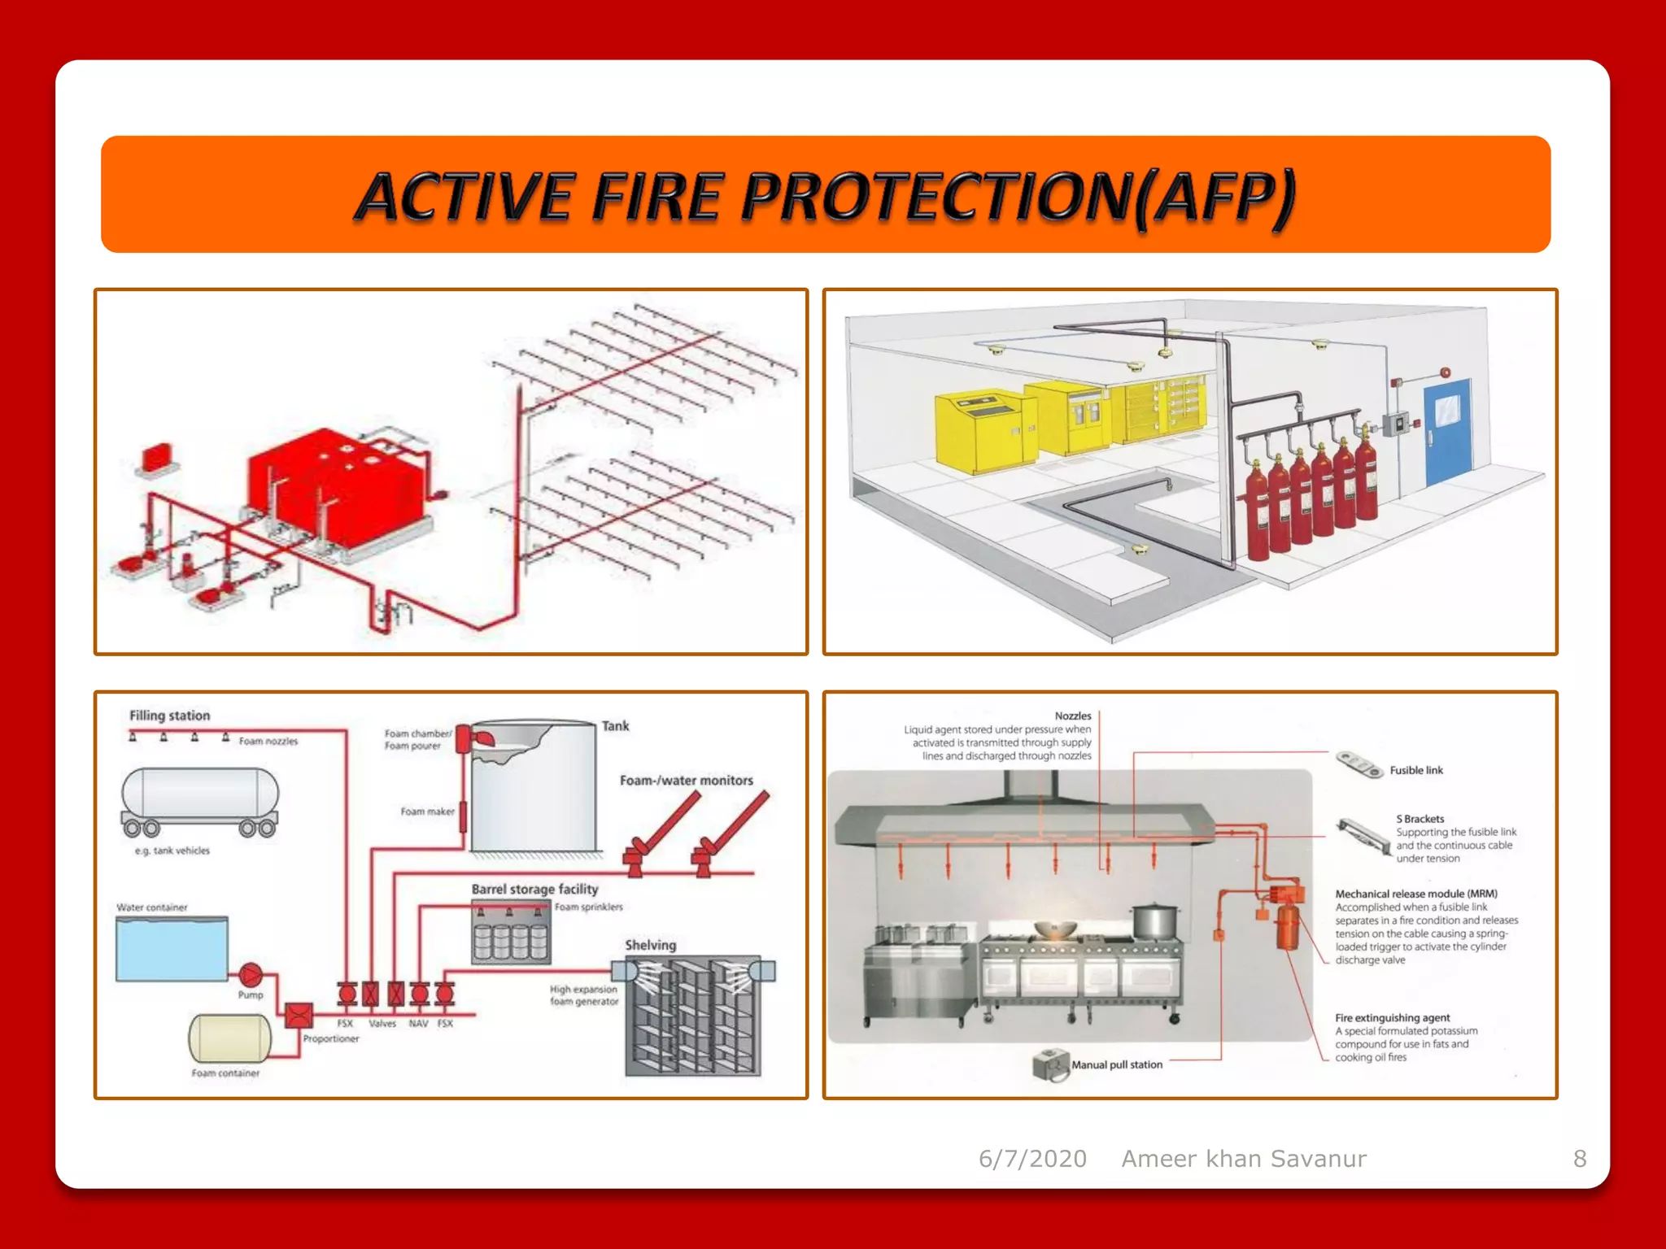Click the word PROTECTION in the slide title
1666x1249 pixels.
(x=935, y=197)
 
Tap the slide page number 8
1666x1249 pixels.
(x=1580, y=1158)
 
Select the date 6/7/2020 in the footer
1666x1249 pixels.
(x=1032, y=1158)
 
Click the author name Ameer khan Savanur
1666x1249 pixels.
(x=1244, y=1158)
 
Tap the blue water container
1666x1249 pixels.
(x=172, y=949)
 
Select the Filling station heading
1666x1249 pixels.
(x=169, y=716)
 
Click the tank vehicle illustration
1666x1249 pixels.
(x=200, y=801)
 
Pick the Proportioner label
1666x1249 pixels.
(x=330, y=1038)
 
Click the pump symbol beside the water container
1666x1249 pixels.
(x=251, y=973)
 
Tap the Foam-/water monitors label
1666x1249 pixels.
(x=686, y=780)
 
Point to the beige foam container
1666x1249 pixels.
(x=229, y=1038)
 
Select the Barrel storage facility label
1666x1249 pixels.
(x=534, y=889)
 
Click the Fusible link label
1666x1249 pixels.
(x=1415, y=770)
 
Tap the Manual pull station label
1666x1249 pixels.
(x=1116, y=1064)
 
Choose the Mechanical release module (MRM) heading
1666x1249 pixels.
(x=1415, y=894)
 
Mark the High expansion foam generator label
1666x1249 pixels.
(x=583, y=995)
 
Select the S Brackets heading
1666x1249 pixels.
(x=1420, y=819)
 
